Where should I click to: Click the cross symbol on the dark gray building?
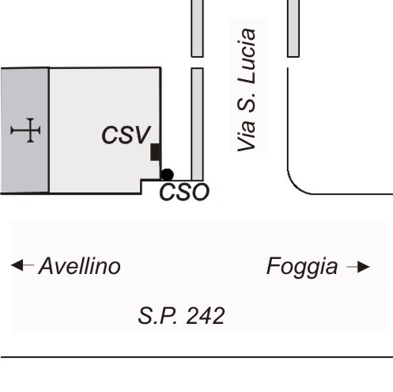pos(25,131)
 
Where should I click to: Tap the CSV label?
pos(126,135)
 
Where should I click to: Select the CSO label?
pos(184,192)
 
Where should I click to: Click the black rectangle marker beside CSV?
pos(156,152)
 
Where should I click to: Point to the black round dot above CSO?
pos(167,175)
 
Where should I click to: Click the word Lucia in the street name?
pos(247,56)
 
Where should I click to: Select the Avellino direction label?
pos(80,266)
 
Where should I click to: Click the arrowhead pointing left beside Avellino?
pos(17,265)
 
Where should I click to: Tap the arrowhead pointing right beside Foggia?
pos(364,267)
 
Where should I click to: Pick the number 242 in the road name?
pos(206,316)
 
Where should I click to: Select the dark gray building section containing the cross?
pos(25,131)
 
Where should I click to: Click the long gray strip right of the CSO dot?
pos(197,124)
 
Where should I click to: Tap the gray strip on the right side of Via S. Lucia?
pos(293,29)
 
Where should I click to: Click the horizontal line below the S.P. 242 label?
pos(197,357)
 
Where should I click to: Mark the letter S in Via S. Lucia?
pos(247,102)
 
